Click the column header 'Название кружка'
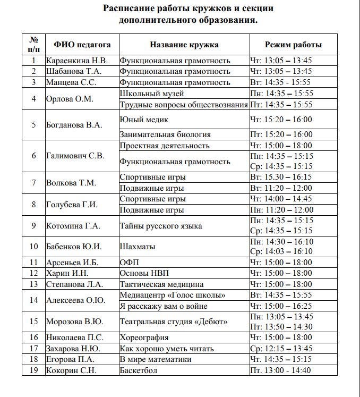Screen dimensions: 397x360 (x=184, y=45)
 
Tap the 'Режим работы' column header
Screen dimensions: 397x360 (x=293, y=45)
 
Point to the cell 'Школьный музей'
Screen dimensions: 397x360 (x=152, y=94)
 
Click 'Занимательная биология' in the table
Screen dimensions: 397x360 (x=165, y=134)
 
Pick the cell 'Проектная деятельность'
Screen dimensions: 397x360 (x=165, y=146)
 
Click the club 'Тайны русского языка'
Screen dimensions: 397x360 (x=161, y=226)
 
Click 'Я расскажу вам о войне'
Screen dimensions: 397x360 (x=163, y=306)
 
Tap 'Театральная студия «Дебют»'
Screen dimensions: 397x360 (x=174, y=322)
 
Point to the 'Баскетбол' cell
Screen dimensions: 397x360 (x=139, y=370)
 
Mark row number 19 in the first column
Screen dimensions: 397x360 (x=34, y=370)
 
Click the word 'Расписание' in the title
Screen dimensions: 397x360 (x=132, y=9)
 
